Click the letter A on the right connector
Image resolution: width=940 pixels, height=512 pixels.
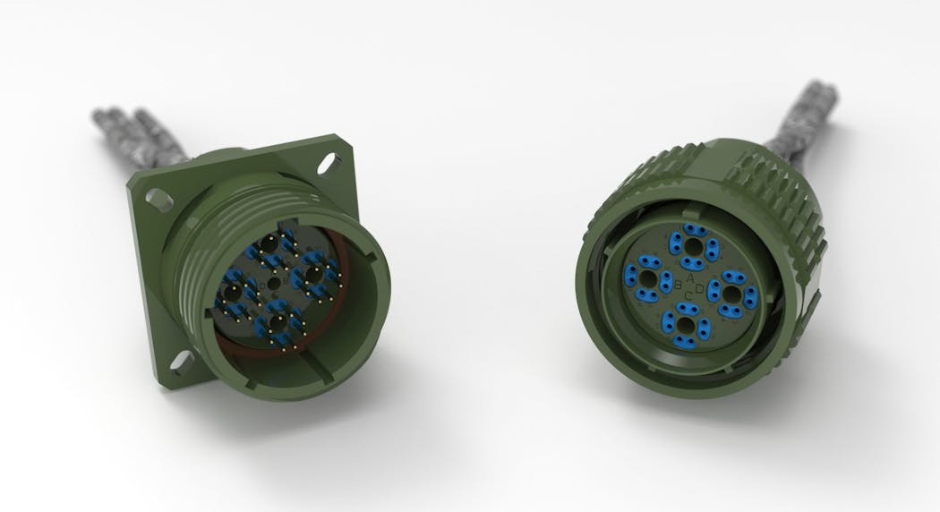coord(690,281)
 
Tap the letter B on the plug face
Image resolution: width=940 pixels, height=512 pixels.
coord(679,289)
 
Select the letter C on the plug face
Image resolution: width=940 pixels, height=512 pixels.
coord(688,298)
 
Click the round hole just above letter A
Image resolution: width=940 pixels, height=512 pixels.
coord(692,243)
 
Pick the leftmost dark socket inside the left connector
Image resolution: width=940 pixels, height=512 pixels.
coord(232,293)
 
